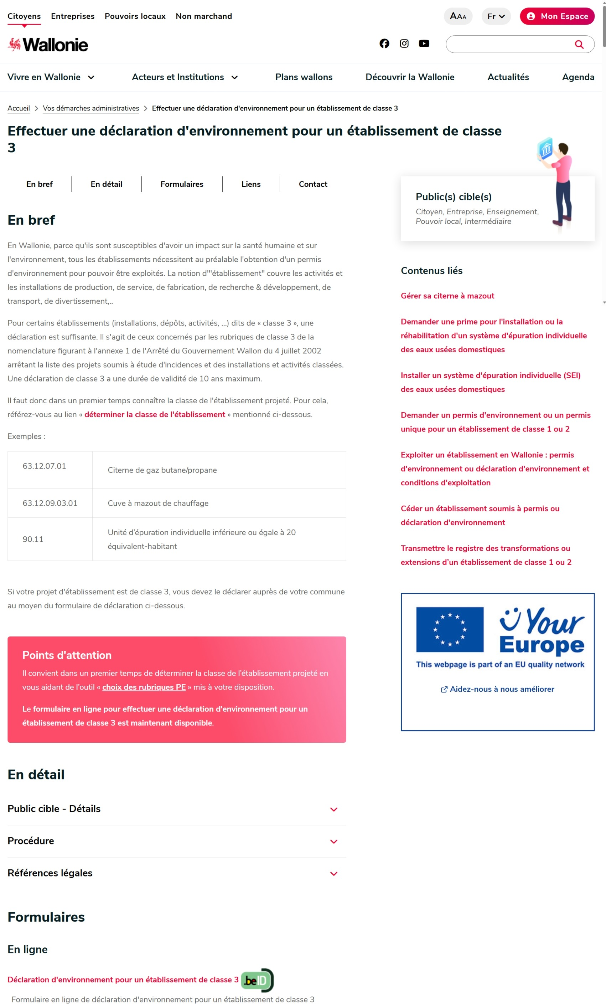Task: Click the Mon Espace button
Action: tap(557, 16)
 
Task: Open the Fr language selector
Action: tap(496, 16)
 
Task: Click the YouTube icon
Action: tap(424, 43)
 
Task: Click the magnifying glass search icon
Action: tap(579, 44)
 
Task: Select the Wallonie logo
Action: tap(48, 45)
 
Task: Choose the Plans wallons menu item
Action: tap(304, 77)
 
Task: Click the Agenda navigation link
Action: tap(578, 77)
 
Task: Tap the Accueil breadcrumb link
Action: tap(19, 108)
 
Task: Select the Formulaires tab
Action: tap(182, 184)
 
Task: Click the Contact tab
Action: tap(313, 184)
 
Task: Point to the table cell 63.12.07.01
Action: tap(45, 466)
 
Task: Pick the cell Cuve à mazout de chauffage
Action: tap(158, 503)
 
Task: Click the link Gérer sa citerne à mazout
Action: tap(447, 296)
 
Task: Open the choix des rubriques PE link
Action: tap(144, 687)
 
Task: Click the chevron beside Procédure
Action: tap(333, 842)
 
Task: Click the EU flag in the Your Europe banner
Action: tap(450, 629)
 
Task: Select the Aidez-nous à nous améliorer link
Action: tap(502, 689)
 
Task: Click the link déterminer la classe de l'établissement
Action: tap(155, 414)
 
